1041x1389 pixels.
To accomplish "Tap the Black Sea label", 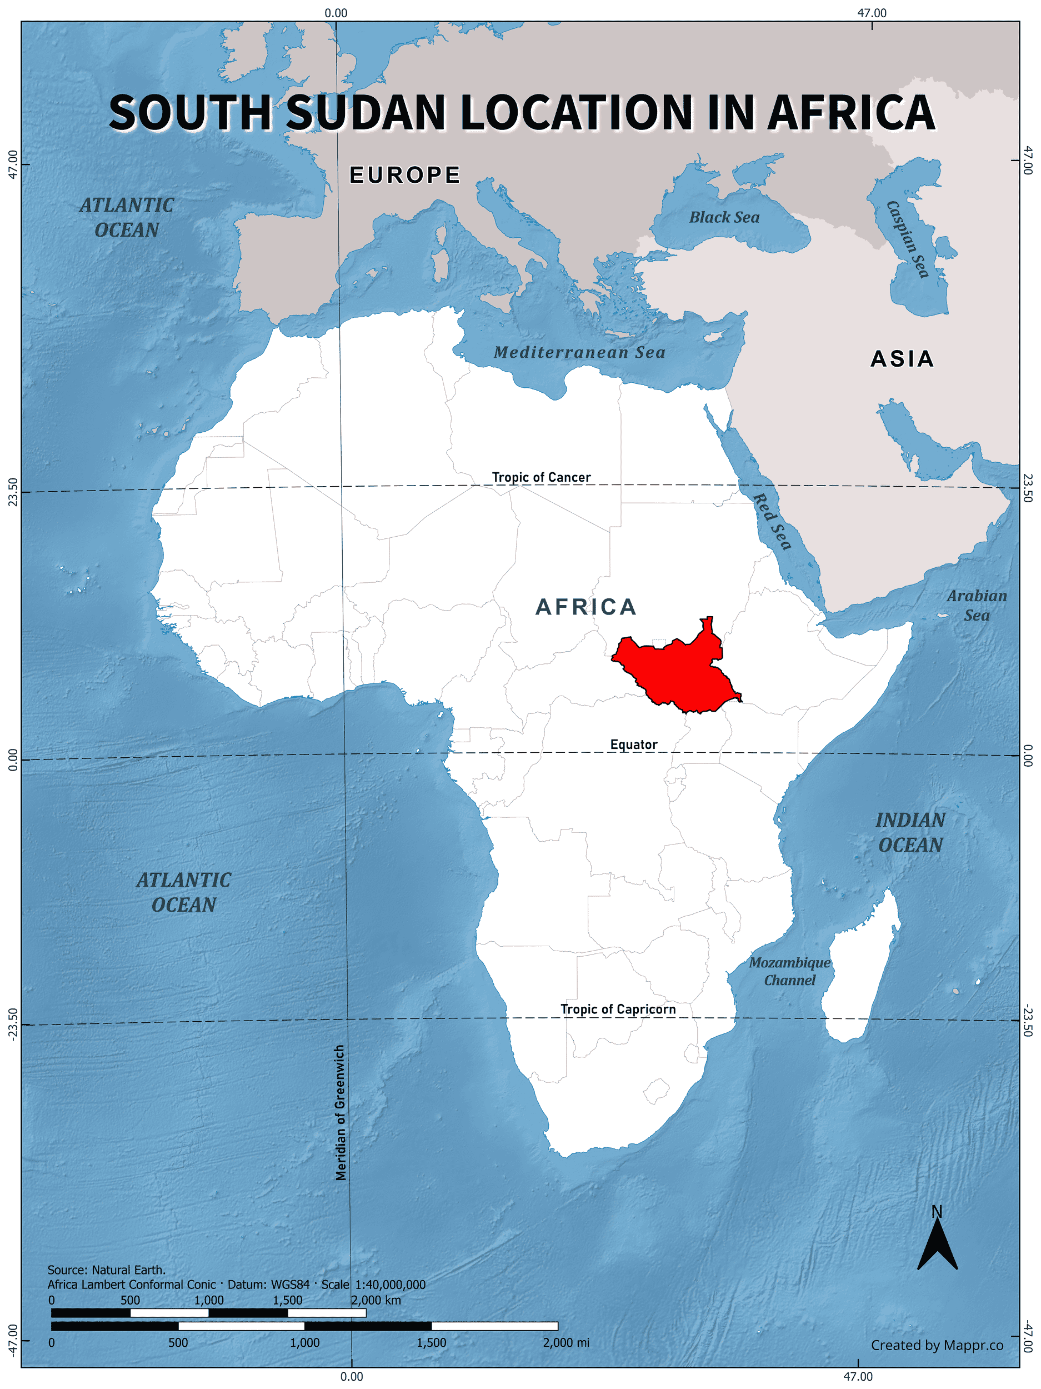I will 724,217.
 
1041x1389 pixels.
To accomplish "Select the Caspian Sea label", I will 907,239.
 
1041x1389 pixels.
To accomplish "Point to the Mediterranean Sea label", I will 579,352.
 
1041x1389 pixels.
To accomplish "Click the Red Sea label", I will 772,521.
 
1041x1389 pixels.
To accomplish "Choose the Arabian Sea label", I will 977,606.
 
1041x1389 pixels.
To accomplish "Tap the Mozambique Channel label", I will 789,971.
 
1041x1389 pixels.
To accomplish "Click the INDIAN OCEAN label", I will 910,832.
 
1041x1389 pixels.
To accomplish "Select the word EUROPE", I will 405,174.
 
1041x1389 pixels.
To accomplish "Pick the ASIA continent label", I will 902,358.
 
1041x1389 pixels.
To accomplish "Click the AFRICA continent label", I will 586,607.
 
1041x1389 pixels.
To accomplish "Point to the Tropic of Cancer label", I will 540,477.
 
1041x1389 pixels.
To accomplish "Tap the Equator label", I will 633,744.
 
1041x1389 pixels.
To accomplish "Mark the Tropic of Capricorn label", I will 618,1009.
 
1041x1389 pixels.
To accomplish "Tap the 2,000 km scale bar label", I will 376,1300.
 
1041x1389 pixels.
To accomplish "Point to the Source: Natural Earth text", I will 107,1270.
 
